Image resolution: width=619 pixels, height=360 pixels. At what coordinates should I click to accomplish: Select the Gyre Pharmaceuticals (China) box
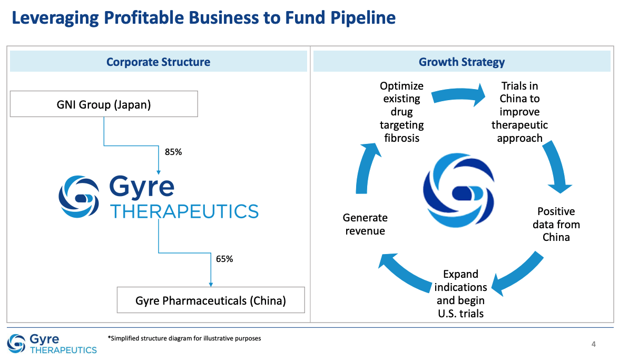click(x=211, y=300)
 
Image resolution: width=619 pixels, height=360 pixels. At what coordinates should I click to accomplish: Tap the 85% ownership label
click(x=173, y=152)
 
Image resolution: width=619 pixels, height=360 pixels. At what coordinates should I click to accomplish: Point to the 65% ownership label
click(x=224, y=259)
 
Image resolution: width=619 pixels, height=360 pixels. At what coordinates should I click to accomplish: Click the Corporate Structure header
click(x=158, y=62)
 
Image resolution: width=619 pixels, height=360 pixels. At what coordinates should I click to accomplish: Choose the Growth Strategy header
click(x=461, y=62)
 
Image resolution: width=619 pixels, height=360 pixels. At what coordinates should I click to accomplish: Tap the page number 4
click(x=594, y=345)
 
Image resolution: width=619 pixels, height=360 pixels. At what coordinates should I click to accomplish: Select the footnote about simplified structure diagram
click(x=184, y=338)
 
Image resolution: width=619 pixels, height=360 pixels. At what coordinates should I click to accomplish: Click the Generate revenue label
click(x=365, y=224)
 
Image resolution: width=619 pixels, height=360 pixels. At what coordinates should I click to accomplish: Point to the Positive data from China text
click(x=556, y=224)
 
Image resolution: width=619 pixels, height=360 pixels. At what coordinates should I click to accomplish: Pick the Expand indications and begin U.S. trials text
click(x=460, y=294)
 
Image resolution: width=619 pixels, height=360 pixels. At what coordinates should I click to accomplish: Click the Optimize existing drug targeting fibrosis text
click(x=402, y=112)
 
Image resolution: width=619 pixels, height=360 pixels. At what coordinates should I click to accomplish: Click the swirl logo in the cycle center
click(x=458, y=193)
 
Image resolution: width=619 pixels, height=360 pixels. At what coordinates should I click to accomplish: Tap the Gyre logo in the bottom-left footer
click(x=52, y=344)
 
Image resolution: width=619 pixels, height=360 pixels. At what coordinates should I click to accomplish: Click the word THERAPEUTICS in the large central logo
click(x=184, y=211)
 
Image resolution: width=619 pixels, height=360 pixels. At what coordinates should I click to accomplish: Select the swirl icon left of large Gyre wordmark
click(x=78, y=196)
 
